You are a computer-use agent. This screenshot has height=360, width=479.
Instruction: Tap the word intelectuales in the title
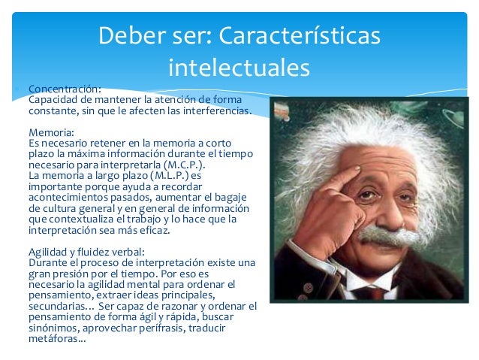[x=239, y=68]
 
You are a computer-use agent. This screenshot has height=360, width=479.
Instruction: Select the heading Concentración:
[x=64, y=88]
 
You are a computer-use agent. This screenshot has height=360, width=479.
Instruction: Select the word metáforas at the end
[x=55, y=339]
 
